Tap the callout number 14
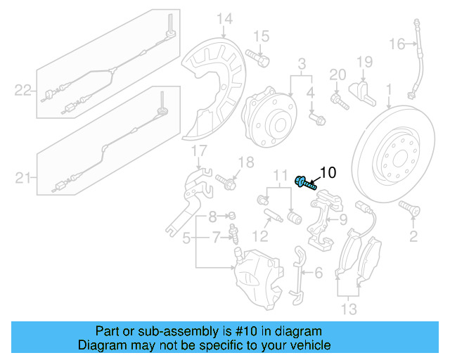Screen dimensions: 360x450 (x=224, y=19)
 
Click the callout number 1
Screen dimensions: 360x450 (x=388, y=89)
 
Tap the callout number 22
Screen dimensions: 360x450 (x=24, y=90)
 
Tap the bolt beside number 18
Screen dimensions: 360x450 (x=226, y=182)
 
